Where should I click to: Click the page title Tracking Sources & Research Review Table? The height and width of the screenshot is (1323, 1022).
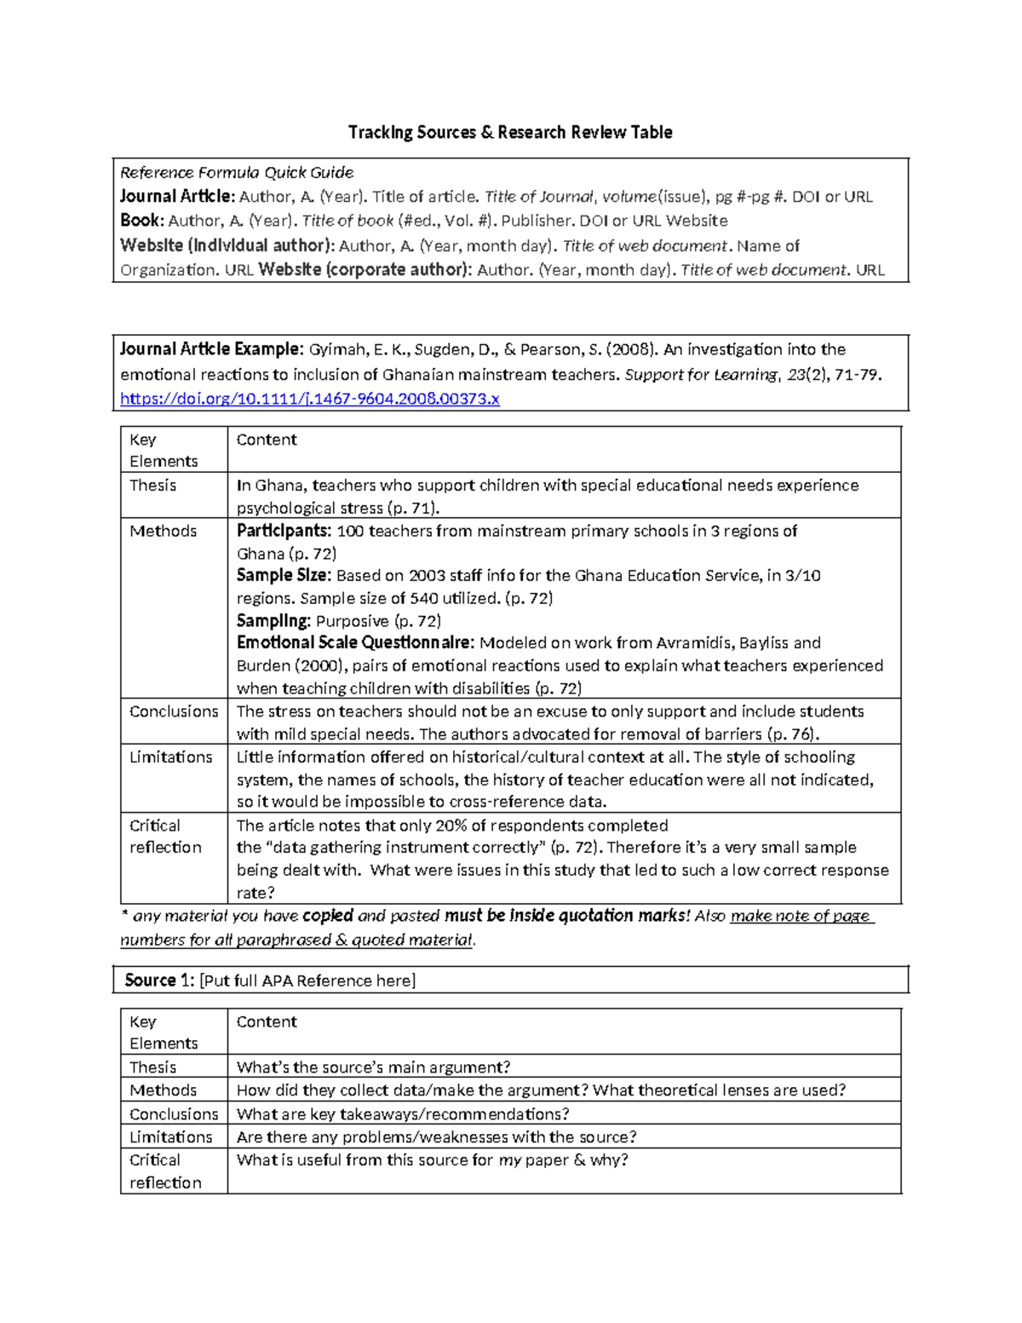pyautogui.click(x=510, y=132)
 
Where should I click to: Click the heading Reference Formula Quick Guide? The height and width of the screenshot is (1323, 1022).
pyautogui.click(x=237, y=172)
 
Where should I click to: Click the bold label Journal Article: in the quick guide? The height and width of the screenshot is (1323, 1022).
pyautogui.click(x=177, y=197)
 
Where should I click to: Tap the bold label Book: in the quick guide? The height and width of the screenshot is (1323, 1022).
pyautogui.click(x=141, y=221)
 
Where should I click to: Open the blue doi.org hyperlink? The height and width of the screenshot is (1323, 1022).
pyautogui.click(x=309, y=399)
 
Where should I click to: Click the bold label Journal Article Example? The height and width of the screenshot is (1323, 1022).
pyautogui.click(x=210, y=349)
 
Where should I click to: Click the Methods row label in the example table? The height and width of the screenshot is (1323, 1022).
pyautogui.click(x=163, y=531)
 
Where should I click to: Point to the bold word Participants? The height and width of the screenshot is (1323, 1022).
pyautogui.click(x=284, y=531)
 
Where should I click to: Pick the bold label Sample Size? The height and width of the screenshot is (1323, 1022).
pyautogui.click(x=283, y=575)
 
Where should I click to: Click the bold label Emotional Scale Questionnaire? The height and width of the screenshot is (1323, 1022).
pyautogui.click(x=355, y=642)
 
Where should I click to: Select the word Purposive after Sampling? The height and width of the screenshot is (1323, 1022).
pyautogui.click(x=353, y=621)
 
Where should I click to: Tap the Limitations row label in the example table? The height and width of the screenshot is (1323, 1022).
pyautogui.click(x=170, y=756)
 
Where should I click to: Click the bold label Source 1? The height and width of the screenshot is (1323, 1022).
pyautogui.click(x=159, y=981)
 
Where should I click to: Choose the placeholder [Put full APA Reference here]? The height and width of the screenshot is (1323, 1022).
pyautogui.click(x=307, y=981)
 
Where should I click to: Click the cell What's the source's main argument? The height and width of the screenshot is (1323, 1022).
pyautogui.click(x=373, y=1067)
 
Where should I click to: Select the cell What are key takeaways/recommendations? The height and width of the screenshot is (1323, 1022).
pyautogui.click(x=402, y=1114)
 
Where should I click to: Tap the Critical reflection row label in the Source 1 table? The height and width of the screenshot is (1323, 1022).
pyautogui.click(x=165, y=1171)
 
